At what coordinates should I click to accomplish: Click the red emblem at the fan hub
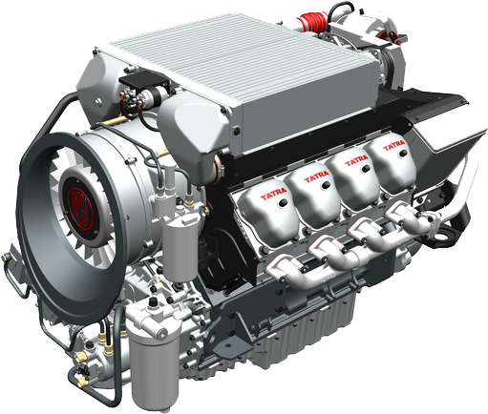(x=74, y=203)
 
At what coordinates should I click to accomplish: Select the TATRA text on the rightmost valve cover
(x=393, y=144)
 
